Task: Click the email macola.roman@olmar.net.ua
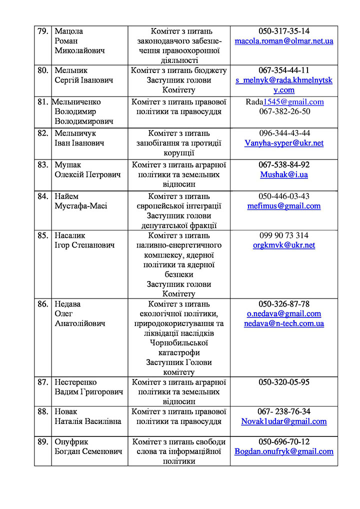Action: point(284,41)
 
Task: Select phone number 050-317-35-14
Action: point(284,31)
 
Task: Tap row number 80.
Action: point(42,70)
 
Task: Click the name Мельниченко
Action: point(76,102)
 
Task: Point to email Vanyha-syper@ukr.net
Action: point(284,143)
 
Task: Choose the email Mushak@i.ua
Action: point(284,174)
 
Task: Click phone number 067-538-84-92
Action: point(284,164)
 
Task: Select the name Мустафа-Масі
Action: point(80,206)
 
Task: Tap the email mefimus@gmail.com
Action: point(284,206)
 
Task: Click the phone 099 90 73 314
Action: point(284,235)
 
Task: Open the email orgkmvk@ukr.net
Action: point(284,245)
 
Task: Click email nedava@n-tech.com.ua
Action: point(284,323)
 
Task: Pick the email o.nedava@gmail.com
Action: point(284,314)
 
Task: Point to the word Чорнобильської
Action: point(179,343)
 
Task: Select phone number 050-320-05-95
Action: point(284,382)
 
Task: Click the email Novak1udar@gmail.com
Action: point(284,421)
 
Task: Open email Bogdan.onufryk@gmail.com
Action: point(284,451)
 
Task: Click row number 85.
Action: point(42,235)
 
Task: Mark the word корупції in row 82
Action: point(179,153)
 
